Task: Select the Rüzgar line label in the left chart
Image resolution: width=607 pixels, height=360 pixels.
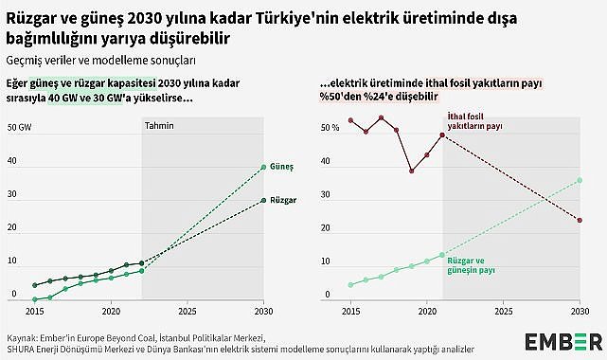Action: pos(283,201)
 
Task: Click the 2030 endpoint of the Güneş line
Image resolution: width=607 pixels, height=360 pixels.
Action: pos(263,167)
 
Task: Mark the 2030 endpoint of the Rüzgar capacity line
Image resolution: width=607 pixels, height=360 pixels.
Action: pos(263,200)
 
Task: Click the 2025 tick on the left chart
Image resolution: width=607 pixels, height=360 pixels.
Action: pos(187,311)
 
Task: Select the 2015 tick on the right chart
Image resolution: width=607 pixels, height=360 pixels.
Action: pos(350,311)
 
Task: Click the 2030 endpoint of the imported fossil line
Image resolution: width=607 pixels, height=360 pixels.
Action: pos(579,221)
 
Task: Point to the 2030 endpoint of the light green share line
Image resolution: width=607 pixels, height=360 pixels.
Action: pos(579,180)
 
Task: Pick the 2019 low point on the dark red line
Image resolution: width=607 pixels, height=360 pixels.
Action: pos(411,171)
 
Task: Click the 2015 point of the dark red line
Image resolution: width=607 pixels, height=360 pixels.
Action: pos(350,120)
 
